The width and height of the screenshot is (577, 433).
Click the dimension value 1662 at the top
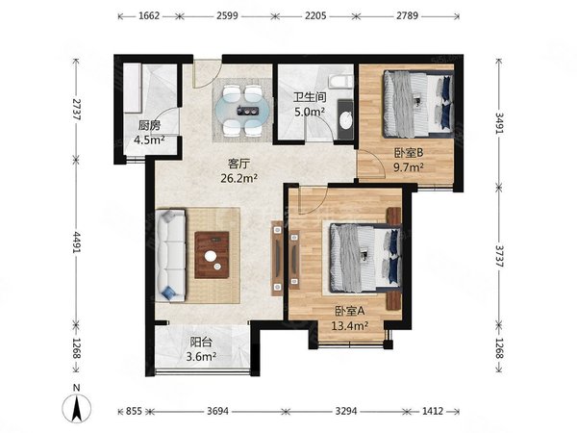tap(150, 15)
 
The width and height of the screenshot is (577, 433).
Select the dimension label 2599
tap(227, 15)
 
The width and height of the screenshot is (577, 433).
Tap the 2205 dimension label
tap(315, 15)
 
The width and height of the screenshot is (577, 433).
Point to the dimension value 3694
tap(218, 411)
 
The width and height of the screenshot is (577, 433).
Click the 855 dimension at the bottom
tap(134, 411)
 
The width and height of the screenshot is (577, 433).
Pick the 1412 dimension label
tap(432, 411)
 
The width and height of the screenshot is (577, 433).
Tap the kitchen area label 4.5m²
tap(149, 140)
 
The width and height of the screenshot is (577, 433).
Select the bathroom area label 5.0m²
tap(310, 112)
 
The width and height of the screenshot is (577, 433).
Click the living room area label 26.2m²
tap(239, 178)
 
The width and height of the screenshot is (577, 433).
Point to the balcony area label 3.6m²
tap(201, 356)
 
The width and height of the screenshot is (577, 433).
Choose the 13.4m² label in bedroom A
tap(350, 326)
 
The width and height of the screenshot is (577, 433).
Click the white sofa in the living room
tap(170, 256)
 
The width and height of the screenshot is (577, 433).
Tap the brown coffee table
tap(212, 254)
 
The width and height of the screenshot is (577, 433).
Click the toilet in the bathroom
tap(340, 81)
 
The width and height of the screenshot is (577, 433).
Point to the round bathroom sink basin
tap(345, 120)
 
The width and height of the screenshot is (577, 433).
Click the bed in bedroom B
tap(418, 104)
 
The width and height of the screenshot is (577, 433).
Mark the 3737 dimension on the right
tap(499, 256)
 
